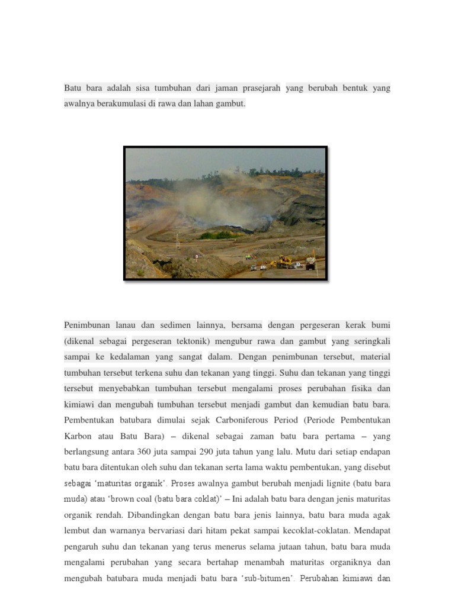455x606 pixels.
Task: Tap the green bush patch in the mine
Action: pyautogui.click(x=216, y=235)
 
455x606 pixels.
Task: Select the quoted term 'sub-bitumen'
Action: pyautogui.click(x=271, y=578)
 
